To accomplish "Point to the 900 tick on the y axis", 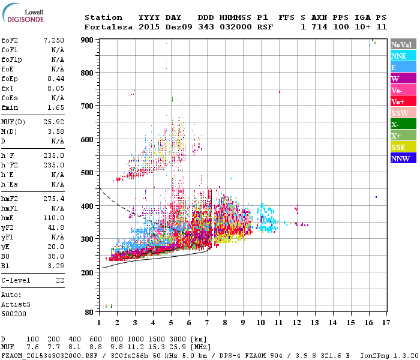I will point(88,40).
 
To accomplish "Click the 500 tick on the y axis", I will point(88,173).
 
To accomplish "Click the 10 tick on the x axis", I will point(261,322).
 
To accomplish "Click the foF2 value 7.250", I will point(54,40).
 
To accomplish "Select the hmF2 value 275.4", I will point(54,199).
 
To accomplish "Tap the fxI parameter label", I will point(8,89).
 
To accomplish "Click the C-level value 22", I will point(60,280).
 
